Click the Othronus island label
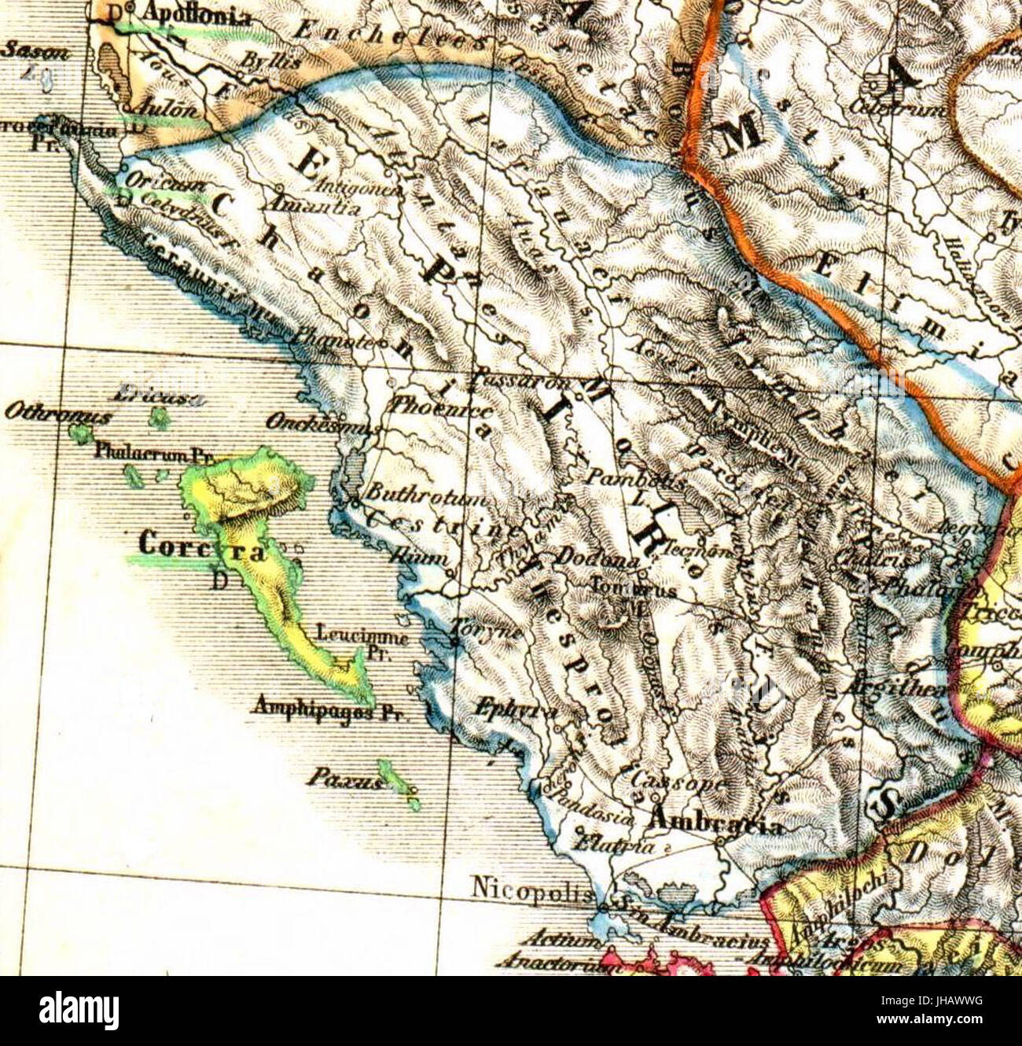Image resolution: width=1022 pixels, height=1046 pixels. click(x=57, y=412)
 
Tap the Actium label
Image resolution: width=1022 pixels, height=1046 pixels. click(x=554, y=938)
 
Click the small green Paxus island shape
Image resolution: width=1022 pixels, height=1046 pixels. click(x=397, y=783)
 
